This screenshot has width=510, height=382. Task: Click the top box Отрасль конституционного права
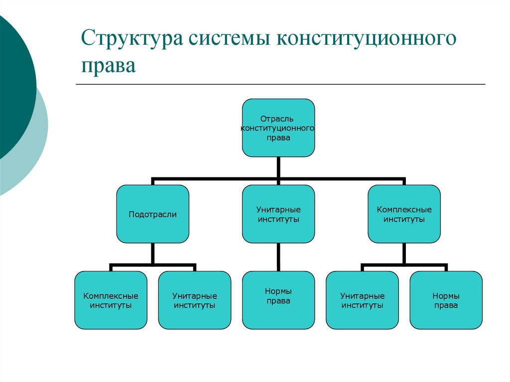(278, 128)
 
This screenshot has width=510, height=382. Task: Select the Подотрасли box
(153, 214)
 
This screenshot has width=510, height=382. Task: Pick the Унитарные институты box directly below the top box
(278, 214)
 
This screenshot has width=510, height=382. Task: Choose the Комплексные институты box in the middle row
(404, 214)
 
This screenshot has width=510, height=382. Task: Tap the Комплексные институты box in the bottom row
(111, 300)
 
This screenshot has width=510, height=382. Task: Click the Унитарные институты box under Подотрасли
(195, 300)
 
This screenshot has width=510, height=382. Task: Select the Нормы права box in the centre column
(278, 300)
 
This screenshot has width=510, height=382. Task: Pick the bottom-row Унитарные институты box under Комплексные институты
(362, 300)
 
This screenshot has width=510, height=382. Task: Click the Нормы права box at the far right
(446, 300)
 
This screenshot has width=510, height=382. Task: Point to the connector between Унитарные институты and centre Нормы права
(278, 257)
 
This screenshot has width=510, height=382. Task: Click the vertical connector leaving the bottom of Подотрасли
(153, 253)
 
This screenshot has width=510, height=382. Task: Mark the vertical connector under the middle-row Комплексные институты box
(404, 253)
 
